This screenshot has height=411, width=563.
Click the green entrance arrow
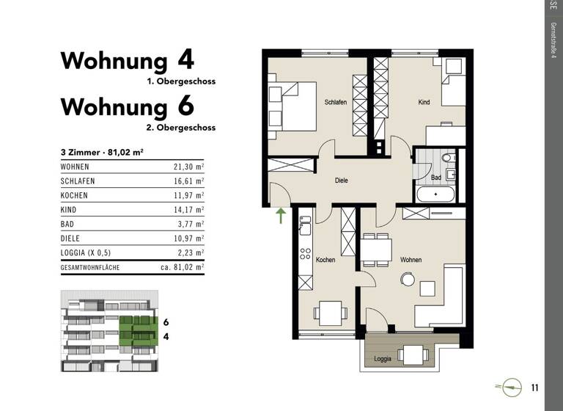281,214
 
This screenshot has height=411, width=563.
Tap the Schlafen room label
336,103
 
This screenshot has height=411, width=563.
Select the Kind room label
424,103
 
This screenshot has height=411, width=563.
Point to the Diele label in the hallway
341,180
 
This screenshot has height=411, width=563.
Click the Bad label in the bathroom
435,178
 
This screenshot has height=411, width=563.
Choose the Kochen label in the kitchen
325,260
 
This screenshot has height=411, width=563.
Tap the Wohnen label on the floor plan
411,260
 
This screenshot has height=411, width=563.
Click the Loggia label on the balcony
383,360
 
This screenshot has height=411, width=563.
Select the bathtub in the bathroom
436,194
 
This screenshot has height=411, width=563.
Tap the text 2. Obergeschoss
180,127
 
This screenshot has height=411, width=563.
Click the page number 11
535,387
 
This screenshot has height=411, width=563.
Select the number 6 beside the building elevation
166,322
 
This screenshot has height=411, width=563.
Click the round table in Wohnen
408,279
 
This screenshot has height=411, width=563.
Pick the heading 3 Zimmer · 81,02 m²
101,152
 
